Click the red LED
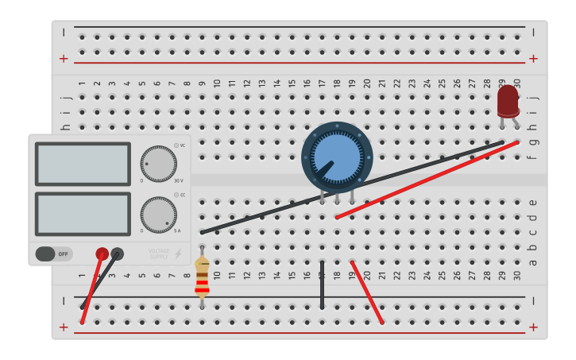[x=508, y=102]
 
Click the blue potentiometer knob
[x=337, y=157]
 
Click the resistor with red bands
[x=202, y=277]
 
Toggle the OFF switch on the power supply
[x=53, y=254]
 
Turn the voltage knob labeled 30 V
[x=158, y=164]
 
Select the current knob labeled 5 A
[x=158, y=215]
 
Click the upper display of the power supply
[x=83, y=164]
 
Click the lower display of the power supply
[x=83, y=214]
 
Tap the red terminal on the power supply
[x=102, y=254]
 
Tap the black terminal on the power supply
[x=118, y=254]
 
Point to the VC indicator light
[x=176, y=145]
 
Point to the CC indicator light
[x=176, y=195]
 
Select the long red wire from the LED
[x=429, y=180]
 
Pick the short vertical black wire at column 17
[x=322, y=285]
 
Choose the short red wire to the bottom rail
[x=367, y=292]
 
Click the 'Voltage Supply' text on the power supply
[x=159, y=254]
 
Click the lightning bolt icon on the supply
[x=178, y=254]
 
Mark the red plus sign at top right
[x=533, y=58]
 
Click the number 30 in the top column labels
[x=516, y=83]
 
